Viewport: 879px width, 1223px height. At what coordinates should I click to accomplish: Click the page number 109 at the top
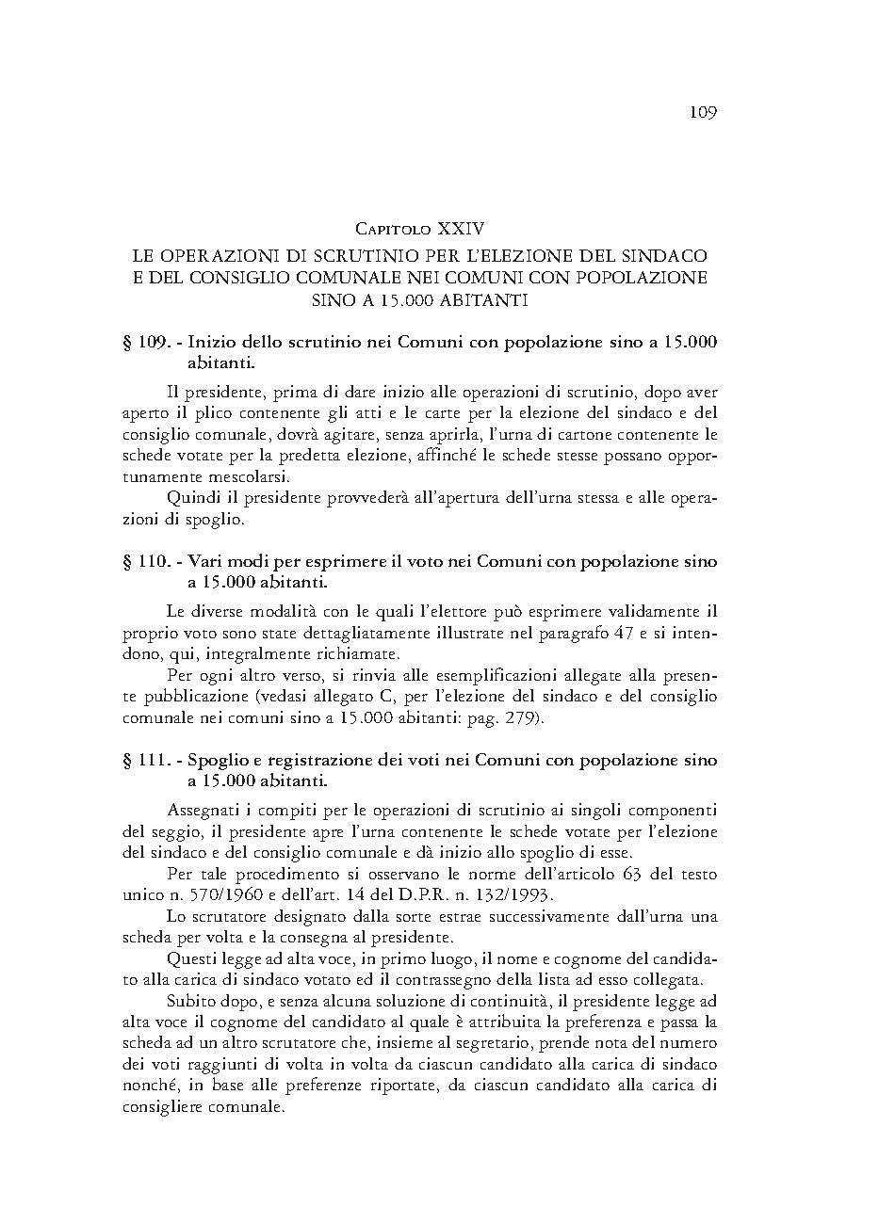point(703,113)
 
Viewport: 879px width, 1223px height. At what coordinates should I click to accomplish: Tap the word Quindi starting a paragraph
point(190,498)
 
